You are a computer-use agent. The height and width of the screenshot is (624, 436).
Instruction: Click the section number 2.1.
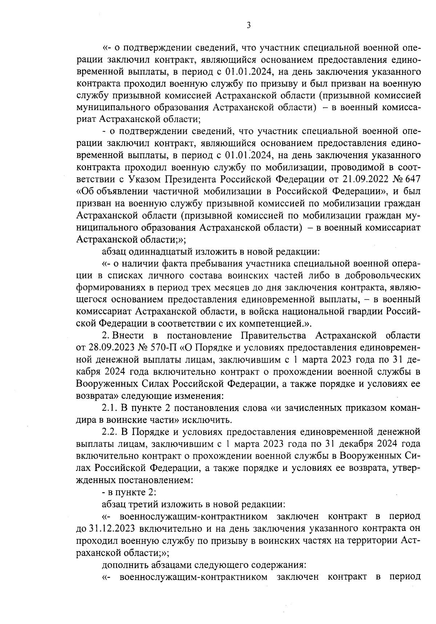tap(109, 408)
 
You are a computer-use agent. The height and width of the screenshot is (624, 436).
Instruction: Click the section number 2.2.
tap(109, 432)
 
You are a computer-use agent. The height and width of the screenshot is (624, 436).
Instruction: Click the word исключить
tap(212, 420)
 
